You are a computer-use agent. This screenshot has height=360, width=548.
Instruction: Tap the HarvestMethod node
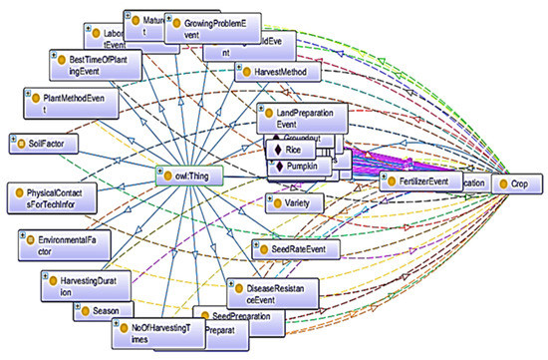pyautogui.click(x=277, y=73)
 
